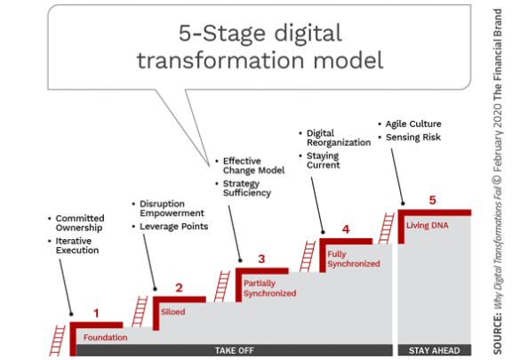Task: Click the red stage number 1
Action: (x=96, y=313)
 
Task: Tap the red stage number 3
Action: (x=261, y=259)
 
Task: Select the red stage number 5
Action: (x=433, y=200)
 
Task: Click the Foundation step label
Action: (x=106, y=338)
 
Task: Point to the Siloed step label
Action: (x=173, y=312)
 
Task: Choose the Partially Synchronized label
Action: (x=270, y=288)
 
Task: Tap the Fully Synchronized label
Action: (x=354, y=259)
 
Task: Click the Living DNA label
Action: (x=428, y=226)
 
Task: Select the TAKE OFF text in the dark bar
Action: (x=235, y=350)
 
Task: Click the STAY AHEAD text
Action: (x=435, y=350)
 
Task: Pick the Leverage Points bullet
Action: (x=171, y=227)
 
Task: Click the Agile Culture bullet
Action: (x=411, y=124)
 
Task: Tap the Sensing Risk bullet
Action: (x=410, y=137)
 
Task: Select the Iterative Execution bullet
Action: (x=74, y=245)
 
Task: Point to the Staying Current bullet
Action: (x=320, y=160)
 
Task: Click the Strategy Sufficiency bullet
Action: (x=244, y=188)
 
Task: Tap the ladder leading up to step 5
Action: (x=387, y=228)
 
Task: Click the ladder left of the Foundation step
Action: (x=58, y=340)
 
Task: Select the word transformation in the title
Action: (x=220, y=60)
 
